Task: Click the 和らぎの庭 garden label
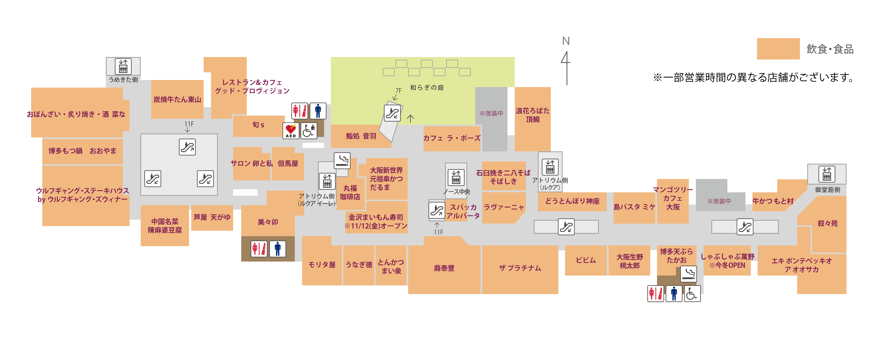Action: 427,88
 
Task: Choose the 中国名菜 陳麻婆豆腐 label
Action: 165,226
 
